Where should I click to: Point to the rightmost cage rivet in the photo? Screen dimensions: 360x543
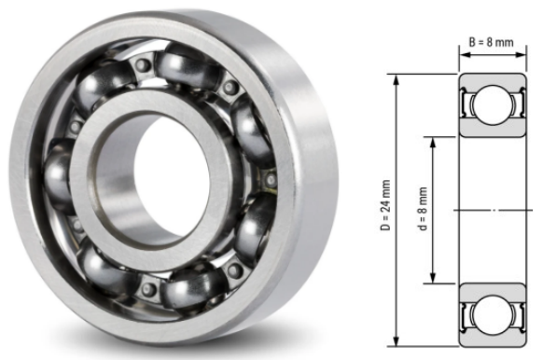[x=271, y=178]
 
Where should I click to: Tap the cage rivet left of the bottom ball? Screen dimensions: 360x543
[x=147, y=291]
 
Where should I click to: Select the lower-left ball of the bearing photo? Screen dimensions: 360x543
[x=100, y=266]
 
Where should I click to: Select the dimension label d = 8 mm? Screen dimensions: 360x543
[x=424, y=211]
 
